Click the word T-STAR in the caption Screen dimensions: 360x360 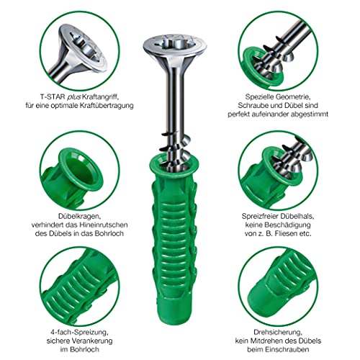coord(53,97)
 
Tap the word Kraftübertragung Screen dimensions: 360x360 coord(107,106)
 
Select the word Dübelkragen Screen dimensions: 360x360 coord(79,217)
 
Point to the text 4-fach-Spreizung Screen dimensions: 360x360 coord(79,333)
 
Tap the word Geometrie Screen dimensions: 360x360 coord(293,97)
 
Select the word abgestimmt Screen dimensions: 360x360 coord(310,114)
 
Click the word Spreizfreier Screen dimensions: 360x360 coord(261,216)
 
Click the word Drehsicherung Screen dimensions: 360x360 coord(278,333)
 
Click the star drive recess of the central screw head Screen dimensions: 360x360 coord(175,45)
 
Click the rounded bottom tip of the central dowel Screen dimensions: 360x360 coord(175,318)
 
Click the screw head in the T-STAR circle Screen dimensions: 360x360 coord(83,47)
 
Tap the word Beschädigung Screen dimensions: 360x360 coord(287,225)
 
